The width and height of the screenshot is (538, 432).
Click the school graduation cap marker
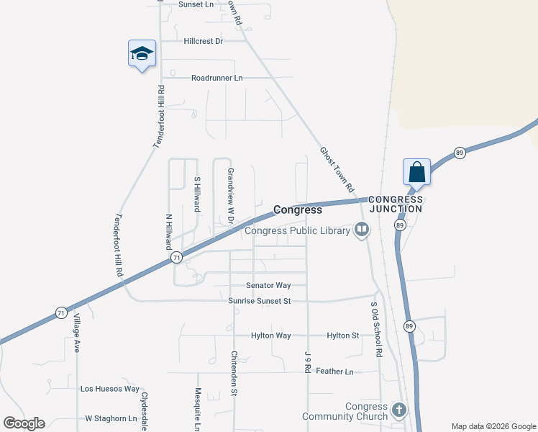point(142,53)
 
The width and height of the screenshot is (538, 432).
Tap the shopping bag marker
point(416,173)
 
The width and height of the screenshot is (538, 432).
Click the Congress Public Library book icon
point(361,230)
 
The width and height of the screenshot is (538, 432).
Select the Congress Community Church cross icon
point(399,411)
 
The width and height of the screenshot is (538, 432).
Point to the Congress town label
point(297,210)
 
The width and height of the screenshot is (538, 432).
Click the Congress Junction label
point(396,204)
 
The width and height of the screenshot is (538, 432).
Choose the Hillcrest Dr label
point(204,41)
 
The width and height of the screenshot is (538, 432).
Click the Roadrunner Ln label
point(217,78)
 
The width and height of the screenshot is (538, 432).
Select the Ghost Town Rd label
point(337,169)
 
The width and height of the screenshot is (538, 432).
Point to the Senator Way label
point(268,286)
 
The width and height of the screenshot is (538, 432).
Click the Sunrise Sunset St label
point(259,301)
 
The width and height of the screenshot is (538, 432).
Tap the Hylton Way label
point(270,336)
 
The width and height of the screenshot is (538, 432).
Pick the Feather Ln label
point(334,372)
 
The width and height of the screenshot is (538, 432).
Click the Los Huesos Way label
point(109,389)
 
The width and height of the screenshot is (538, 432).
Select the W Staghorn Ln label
point(111,418)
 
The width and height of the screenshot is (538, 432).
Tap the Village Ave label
point(76,336)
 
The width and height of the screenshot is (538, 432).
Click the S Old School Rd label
point(375,329)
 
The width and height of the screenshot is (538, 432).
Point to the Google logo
point(24,423)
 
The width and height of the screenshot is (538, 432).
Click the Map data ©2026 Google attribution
point(493,426)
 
